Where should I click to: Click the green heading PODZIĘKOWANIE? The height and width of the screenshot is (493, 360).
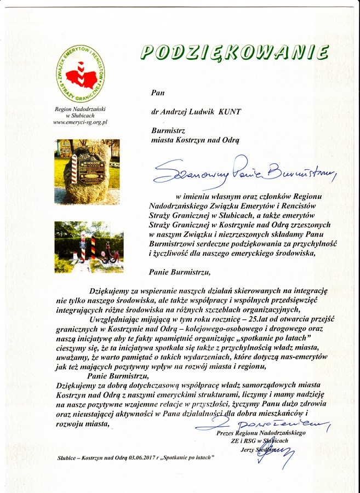[x=235, y=53]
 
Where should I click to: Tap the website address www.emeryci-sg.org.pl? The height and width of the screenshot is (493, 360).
[x=80, y=122]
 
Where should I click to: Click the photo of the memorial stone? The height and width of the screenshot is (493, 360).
[x=87, y=171]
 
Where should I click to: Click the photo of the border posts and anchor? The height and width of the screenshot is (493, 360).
[x=89, y=246]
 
